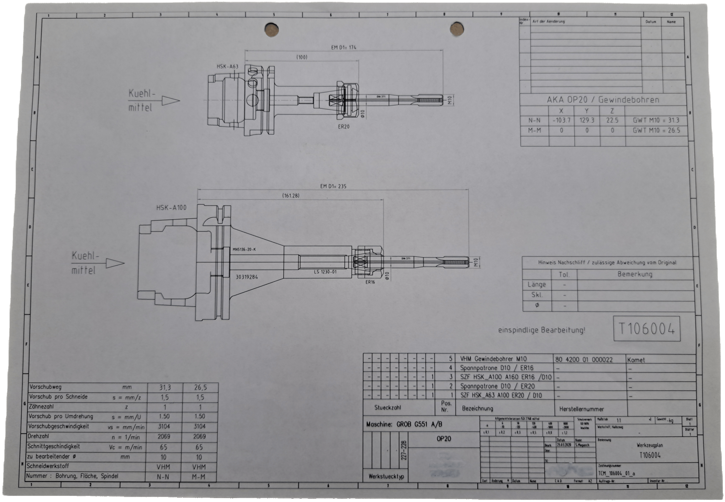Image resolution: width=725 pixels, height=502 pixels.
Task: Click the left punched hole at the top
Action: pyautogui.click(x=272, y=30)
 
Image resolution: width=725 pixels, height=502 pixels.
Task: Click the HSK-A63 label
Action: pyautogui.click(x=227, y=66)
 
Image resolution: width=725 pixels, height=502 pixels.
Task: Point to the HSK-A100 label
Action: pyautogui.click(x=171, y=208)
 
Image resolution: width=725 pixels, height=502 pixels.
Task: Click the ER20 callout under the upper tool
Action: pyautogui.click(x=344, y=126)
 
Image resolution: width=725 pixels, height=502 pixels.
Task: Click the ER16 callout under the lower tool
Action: pyautogui.click(x=370, y=282)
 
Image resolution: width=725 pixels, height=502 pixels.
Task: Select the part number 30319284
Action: pyautogui.click(x=247, y=276)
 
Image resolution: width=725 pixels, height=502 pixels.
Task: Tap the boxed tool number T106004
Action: pyautogui.click(x=646, y=329)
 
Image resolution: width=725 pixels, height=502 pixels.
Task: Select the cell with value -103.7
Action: pyautogui.click(x=561, y=121)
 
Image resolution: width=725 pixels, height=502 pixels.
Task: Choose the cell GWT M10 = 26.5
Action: pyautogui.click(x=656, y=130)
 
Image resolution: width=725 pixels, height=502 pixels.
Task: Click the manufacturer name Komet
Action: pyautogui.click(x=636, y=360)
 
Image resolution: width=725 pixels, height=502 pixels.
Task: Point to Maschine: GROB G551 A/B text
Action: pyautogui.click(x=404, y=424)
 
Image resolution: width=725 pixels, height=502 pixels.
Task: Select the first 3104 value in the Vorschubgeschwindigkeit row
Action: pyautogui.click(x=164, y=426)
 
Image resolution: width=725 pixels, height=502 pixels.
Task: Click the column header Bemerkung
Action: pyautogui.click(x=634, y=274)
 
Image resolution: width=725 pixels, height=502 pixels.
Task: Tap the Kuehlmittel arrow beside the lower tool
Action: pyautogui.click(x=115, y=263)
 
